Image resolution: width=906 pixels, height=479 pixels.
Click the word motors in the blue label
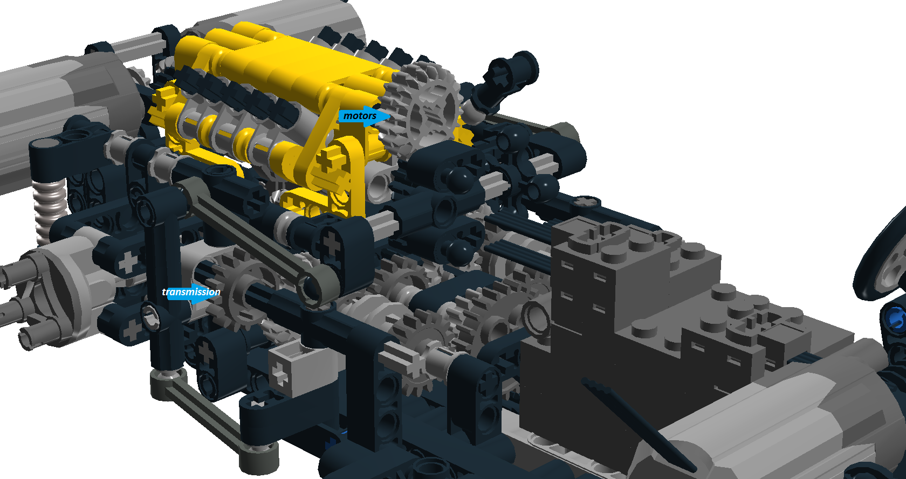coord(360,116)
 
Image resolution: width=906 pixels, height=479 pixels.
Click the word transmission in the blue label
coord(191,292)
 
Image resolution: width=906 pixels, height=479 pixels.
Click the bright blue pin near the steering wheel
coord(895,318)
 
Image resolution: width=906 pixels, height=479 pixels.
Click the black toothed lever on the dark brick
coord(636,420)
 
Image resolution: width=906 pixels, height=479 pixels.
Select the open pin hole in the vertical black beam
coord(150,316)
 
